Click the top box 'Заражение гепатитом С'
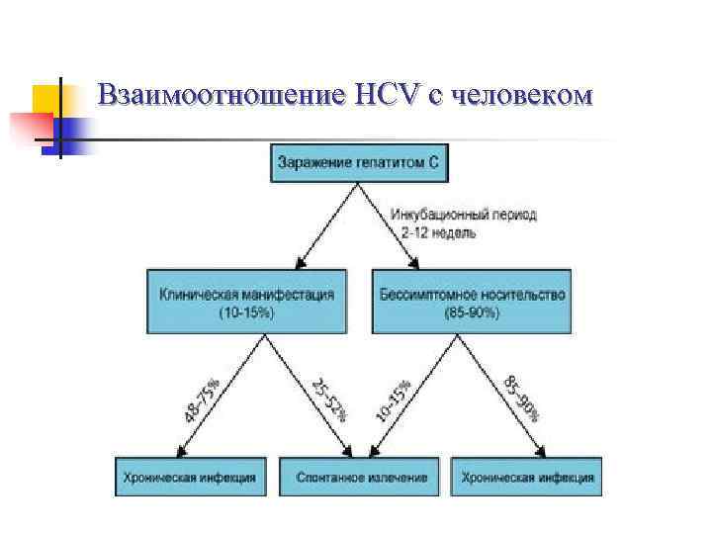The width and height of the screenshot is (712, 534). pyautogui.click(x=357, y=162)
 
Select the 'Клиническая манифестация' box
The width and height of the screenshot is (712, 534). pyautogui.click(x=246, y=301)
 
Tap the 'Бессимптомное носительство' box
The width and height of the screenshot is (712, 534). pyautogui.click(x=472, y=301)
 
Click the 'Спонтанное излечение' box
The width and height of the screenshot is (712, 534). pyautogui.click(x=362, y=477)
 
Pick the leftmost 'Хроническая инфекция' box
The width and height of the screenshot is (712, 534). pyautogui.click(x=190, y=477)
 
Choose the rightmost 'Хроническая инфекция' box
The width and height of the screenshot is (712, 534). pyautogui.click(x=528, y=477)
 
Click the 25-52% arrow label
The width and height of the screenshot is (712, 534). pyautogui.click(x=328, y=399)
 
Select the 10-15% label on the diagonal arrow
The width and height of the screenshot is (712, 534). pyautogui.click(x=394, y=399)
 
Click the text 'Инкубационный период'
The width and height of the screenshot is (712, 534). pyautogui.click(x=463, y=216)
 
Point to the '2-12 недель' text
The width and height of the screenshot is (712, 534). pyautogui.click(x=438, y=233)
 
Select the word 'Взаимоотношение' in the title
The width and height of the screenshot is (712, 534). pyautogui.click(x=222, y=95)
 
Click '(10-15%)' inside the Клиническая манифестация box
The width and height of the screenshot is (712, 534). pyautogui.click(x=246, y=312)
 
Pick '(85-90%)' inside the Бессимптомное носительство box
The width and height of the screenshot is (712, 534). pyautogui.click(x=472, y=312)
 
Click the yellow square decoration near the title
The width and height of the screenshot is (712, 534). pyautogui.click(x=46, y=99)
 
